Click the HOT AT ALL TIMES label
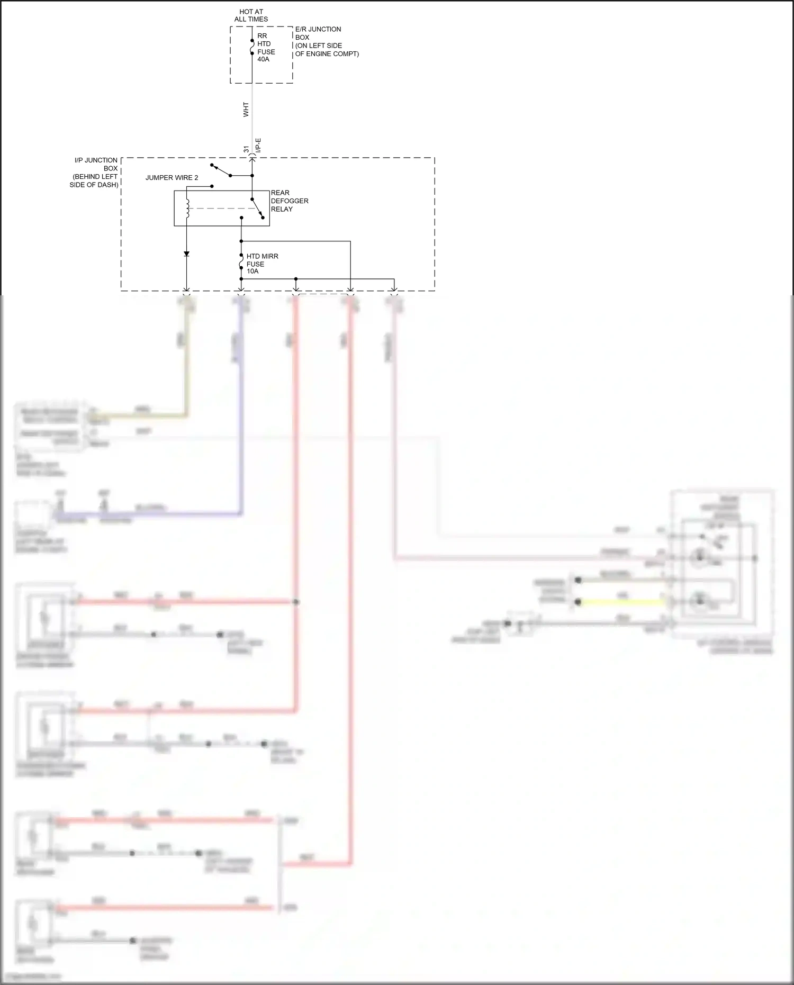point(251,15)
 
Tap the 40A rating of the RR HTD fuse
point(264,59)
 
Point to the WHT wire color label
point(246,110)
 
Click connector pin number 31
point(246,150)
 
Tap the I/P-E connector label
point(258,146)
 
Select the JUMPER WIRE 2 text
point(172,178)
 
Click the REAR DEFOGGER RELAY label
point(289,201)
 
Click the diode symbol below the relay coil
point(186,254)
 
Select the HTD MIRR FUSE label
point(262,260)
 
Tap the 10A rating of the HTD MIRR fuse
point(252,272)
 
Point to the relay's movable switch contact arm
point(257,208)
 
